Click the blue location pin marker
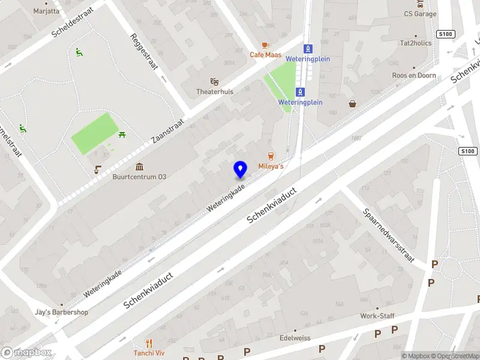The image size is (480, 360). click(240, 170)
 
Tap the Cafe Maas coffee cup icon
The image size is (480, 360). click(265, 46)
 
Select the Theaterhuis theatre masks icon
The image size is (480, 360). click(214, 82)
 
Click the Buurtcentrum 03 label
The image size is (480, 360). click(139, 177)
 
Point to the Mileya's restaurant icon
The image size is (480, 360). click(271, 156)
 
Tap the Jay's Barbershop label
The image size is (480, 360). click(61, 312)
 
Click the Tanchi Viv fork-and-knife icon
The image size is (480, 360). click(149, 344)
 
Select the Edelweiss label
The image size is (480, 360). click(295, 338)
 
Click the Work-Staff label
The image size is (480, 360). click(377, 316)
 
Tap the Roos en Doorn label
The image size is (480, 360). click(413, 76)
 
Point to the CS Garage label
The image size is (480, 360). click(420, 14)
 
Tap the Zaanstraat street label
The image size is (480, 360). click(167, 130)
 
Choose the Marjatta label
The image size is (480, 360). click(46, 11)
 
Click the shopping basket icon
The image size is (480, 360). click(352, 104)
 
